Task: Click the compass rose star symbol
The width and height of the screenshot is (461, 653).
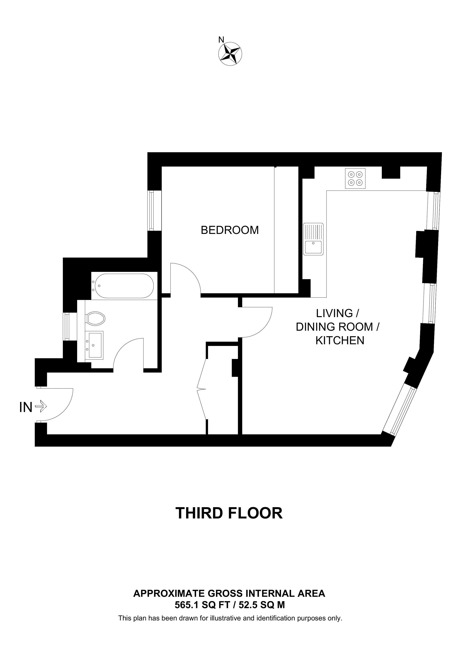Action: pos(230,54)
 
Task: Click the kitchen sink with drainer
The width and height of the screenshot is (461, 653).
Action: pos(313,239)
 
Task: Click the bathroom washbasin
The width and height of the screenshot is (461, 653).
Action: pos(95,345)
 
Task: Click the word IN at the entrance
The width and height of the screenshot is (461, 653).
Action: pos(26,408)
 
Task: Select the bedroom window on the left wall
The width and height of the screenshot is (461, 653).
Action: pos(151,210)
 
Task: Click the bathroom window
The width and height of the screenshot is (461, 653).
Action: pos(67,326)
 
